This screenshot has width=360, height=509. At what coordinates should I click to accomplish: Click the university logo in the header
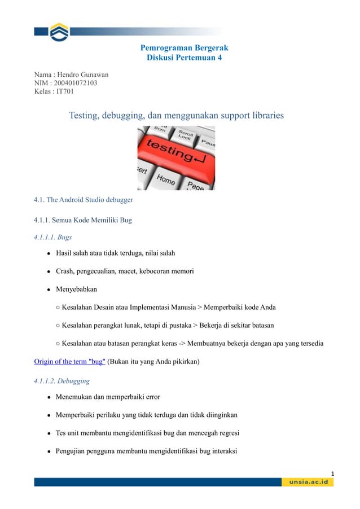(58, 32)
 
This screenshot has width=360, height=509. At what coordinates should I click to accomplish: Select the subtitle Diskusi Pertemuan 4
(185, 58)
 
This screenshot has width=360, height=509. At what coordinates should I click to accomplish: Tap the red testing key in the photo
(177, 151)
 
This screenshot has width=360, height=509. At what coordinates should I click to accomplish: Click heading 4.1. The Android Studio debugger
(83, 199)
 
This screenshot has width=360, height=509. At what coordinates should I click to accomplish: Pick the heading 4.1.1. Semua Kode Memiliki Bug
(83, 220)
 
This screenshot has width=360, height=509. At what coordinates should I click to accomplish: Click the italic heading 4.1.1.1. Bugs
(52, 237)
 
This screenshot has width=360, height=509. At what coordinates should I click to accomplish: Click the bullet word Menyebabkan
(76, 289)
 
